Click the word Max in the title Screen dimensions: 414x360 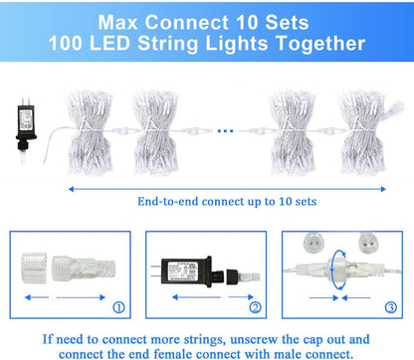118,22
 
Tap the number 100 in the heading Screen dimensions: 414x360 65,43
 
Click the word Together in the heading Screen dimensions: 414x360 320,44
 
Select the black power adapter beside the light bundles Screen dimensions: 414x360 26,130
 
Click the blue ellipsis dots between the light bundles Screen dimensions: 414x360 225,131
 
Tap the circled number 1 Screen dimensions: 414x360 118,307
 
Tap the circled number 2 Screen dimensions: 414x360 255,307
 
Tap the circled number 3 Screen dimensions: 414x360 391,307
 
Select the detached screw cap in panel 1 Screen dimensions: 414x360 34,269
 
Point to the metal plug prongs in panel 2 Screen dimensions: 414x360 156,270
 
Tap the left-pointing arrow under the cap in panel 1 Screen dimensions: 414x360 37,297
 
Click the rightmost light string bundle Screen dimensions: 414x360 363,132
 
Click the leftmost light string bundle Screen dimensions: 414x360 89,132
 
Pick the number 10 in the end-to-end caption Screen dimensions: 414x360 285,201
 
